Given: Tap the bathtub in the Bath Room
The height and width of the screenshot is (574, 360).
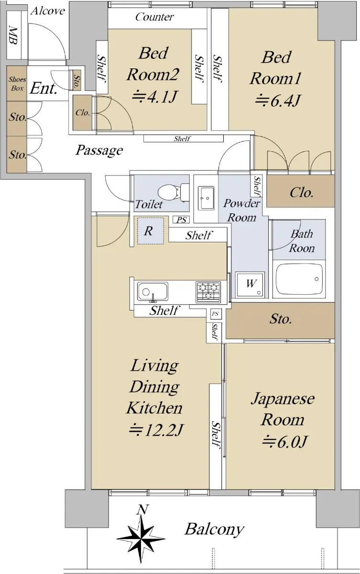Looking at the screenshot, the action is pyautogui.click(x=299, y=279).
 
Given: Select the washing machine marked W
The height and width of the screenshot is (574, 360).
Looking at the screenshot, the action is pyautogui.click(x=250, y=284).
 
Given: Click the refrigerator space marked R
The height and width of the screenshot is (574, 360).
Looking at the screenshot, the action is pyautogui.click(x=150, y=231).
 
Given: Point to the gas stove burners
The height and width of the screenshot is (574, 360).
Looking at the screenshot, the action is pyautogui.click(x=208, y=291).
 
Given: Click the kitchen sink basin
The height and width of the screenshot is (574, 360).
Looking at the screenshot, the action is pyautogui.click(x=153, y=291).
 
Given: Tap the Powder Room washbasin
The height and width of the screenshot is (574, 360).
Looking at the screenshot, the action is pyautogui.click(x=206, y=198).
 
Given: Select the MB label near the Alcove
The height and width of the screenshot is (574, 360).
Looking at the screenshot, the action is pyautogui.click(x=13, y=35).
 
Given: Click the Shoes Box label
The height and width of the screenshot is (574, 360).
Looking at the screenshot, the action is pyautogui.click(x=17, y=84).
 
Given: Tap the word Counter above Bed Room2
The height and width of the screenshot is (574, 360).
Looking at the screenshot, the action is pyautogui.click(x=154, y=17).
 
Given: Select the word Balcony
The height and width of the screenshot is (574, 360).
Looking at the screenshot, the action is pyautogui.click(x=214, y=530).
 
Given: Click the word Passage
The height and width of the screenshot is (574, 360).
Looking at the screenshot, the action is pyautogui.click(x=99, y=150).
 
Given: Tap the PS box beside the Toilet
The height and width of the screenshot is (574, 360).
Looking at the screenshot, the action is pyautogui.click(x=181, y=220).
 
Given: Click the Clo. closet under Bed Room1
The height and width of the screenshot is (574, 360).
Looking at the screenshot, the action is pyautogui.click(x=301, y=191).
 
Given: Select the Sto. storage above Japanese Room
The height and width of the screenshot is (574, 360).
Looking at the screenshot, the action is pyautogui.click(x=280, y=320).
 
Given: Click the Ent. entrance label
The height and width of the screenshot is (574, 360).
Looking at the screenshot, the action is pyautogui.click(x=43, y=88).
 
